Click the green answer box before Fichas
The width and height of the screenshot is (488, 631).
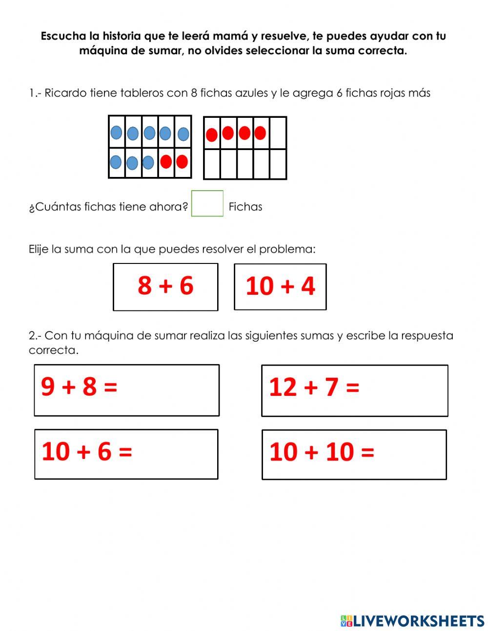click(207, 203)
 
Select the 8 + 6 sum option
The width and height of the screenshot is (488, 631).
click(165, 287)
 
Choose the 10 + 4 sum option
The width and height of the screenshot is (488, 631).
click(280, 287)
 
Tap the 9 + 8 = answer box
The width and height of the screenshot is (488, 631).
click(126, 390)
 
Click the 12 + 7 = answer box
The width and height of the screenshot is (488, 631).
click(354, 391)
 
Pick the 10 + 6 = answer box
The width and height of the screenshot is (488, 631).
click(126, 454)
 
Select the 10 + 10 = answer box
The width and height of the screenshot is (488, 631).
click(354, 455)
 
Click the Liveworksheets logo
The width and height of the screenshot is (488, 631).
click(412, 621)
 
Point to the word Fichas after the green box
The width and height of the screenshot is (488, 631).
click(245, 207)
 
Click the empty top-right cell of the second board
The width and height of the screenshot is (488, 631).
click(278, 132)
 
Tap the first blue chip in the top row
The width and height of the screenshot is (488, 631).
click(116, 132)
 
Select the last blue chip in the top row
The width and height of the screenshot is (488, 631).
click(183, 133)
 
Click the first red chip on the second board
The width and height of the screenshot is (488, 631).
click(212, 134)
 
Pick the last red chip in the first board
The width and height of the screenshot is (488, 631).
click(182, 161)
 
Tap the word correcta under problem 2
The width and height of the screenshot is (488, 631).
click(53, 350)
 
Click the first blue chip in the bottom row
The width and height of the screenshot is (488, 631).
click(116, 162)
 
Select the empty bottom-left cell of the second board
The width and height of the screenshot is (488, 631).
click(212, 164)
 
